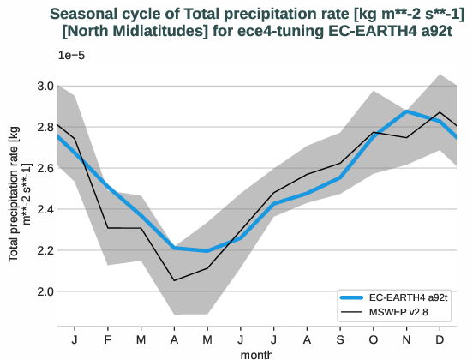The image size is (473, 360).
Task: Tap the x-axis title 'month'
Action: pyautogui.click(x=257, y=353)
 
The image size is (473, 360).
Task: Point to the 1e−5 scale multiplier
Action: pyautogui.click(x=71, y=56)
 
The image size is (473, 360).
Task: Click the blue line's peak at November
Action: pyautogui.click(x=406, y=111)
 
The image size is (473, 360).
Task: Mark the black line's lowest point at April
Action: pyautogui.click(x=175, y=280)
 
